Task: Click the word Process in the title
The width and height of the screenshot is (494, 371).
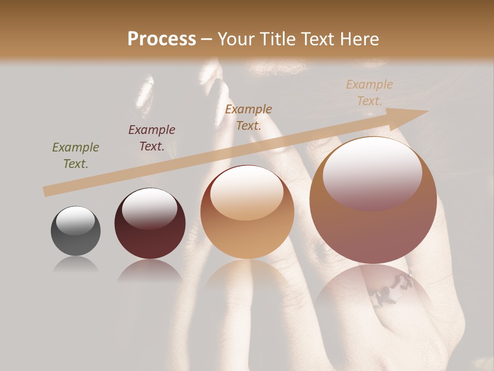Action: [x=162, y=39]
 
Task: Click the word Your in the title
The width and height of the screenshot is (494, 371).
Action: [x=235, y=39]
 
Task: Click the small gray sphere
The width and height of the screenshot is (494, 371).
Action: [x=76, y=231]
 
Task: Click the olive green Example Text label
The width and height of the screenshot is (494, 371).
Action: [x=76, y=156]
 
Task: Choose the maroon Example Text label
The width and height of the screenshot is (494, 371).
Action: [x=152, y=138]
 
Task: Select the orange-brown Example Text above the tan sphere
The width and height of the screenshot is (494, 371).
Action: [x=249, y=117]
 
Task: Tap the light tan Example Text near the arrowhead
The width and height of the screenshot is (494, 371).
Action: [x=369, y=93]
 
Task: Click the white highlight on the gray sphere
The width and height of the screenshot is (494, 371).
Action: [x=75, y=221]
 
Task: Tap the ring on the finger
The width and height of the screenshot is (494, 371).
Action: [x=394, y=289]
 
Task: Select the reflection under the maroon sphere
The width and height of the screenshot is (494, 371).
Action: [x=150, y=271]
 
